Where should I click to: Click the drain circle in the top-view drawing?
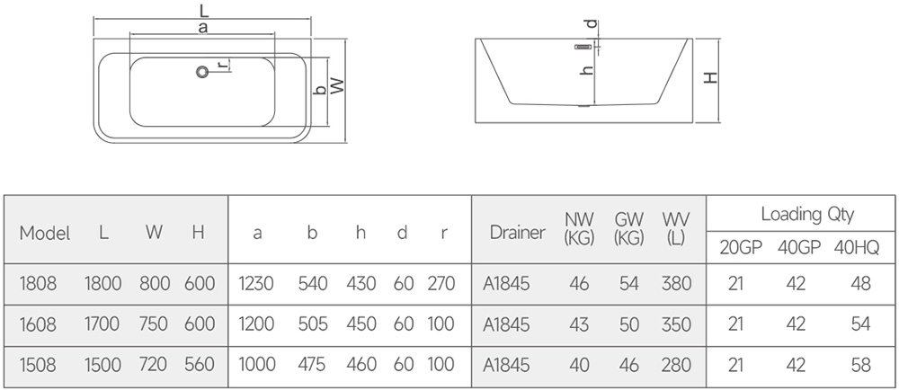point(202,72)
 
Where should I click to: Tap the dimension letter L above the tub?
point(203,9)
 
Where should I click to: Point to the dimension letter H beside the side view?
point(711,77)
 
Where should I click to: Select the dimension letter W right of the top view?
point(338,86)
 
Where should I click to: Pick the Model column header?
point(45,233)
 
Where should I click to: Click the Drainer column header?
point(518,233)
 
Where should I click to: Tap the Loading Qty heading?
point(807,214)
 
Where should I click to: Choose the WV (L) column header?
point(676,228)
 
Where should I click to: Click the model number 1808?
point(39,283)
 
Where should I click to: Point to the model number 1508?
point(39,364)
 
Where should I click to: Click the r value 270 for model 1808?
point(441,283)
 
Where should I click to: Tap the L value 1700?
point(102,324)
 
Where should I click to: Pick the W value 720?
point(153,364)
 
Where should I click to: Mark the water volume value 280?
point(677,364)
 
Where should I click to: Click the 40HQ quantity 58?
point(861,364)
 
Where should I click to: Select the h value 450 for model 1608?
point(361,324)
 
